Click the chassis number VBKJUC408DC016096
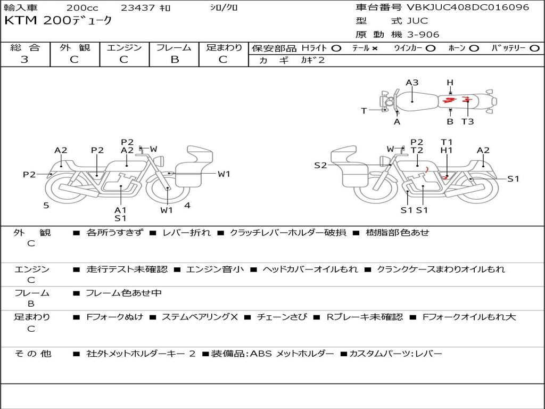(468, 7)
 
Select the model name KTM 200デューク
(58, 21)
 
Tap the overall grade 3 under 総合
(24, 60)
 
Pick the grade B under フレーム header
(175, 60)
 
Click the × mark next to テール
(374, 48)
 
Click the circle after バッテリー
(534, 48)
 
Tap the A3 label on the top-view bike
(412, 83)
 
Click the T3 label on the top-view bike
(467, 122)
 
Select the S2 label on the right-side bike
(320, 166)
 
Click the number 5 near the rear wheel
(46, 206)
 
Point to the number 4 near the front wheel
(187, 206)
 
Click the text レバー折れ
(186, 233)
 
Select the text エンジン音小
(215, 269)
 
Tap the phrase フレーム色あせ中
(123, 293)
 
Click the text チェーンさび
(282, 317)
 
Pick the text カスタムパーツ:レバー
(395, 354)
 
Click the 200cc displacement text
(82, 7)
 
